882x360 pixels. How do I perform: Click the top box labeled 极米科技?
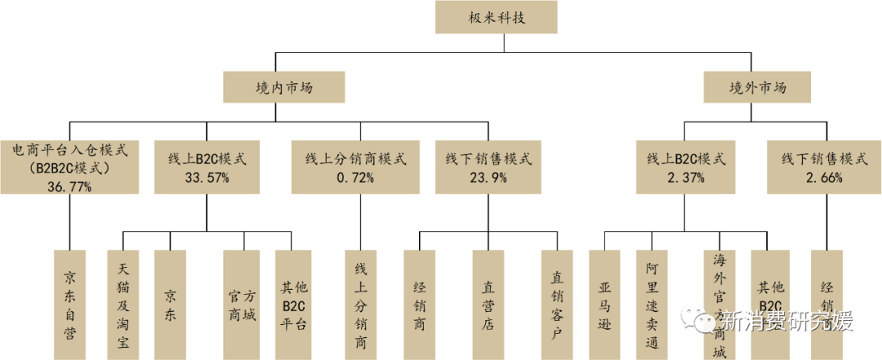coord(497,17)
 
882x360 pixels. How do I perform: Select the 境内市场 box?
coord(283,87)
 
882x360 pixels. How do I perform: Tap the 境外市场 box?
coord(757,87)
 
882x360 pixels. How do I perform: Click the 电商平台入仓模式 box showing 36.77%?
coord(69,167)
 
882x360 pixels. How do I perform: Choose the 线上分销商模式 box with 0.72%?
coord(355,167)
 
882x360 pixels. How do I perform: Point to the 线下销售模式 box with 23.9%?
coord(489,167)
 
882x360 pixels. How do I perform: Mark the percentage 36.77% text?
coord(69,187)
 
